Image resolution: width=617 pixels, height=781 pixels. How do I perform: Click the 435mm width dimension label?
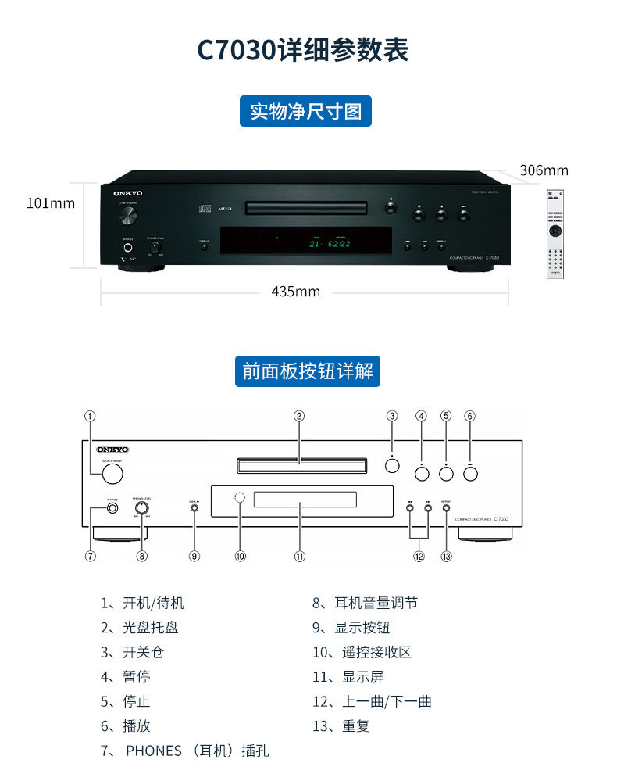pos(296,292)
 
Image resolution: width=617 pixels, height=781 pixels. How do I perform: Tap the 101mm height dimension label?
pos(51,203)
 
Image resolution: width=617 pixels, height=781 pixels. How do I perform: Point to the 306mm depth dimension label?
pos(544,170)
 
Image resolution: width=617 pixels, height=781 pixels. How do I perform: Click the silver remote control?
pos(554,234)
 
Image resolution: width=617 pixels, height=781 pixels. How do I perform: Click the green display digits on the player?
pos(329,244)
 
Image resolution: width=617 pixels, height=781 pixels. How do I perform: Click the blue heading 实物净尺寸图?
pos(305,111)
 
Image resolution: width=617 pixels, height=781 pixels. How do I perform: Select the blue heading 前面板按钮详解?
pos(308,371)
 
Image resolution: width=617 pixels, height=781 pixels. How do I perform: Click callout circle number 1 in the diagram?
pos(91,416)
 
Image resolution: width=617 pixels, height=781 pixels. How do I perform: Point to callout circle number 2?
pos(299,416)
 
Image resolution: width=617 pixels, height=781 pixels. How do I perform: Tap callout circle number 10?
pos(241,556)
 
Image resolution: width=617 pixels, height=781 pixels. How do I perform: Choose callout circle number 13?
pos(446,556)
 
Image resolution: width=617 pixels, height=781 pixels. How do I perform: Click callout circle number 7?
pos(91,556)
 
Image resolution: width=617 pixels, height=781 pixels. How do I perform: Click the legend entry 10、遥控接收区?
pos(362,652)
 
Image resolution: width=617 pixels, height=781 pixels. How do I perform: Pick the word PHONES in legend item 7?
pos(153,751)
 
